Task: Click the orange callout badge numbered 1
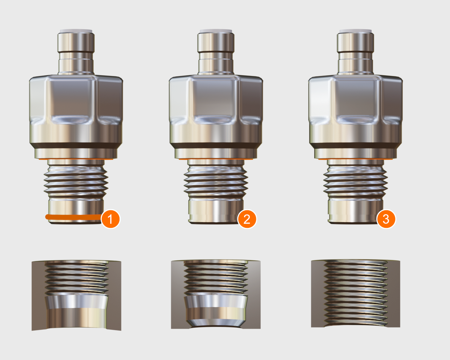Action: coord(110,219)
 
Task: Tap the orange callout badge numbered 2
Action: coord(247,219)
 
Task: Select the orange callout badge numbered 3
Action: coord(386,219)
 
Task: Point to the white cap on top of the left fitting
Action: coord(76,31)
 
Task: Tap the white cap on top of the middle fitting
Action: coord(216,31)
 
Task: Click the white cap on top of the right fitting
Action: coord(355,31)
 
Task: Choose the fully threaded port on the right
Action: coord(355,293)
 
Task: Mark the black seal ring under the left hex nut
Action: coord(76,146)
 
